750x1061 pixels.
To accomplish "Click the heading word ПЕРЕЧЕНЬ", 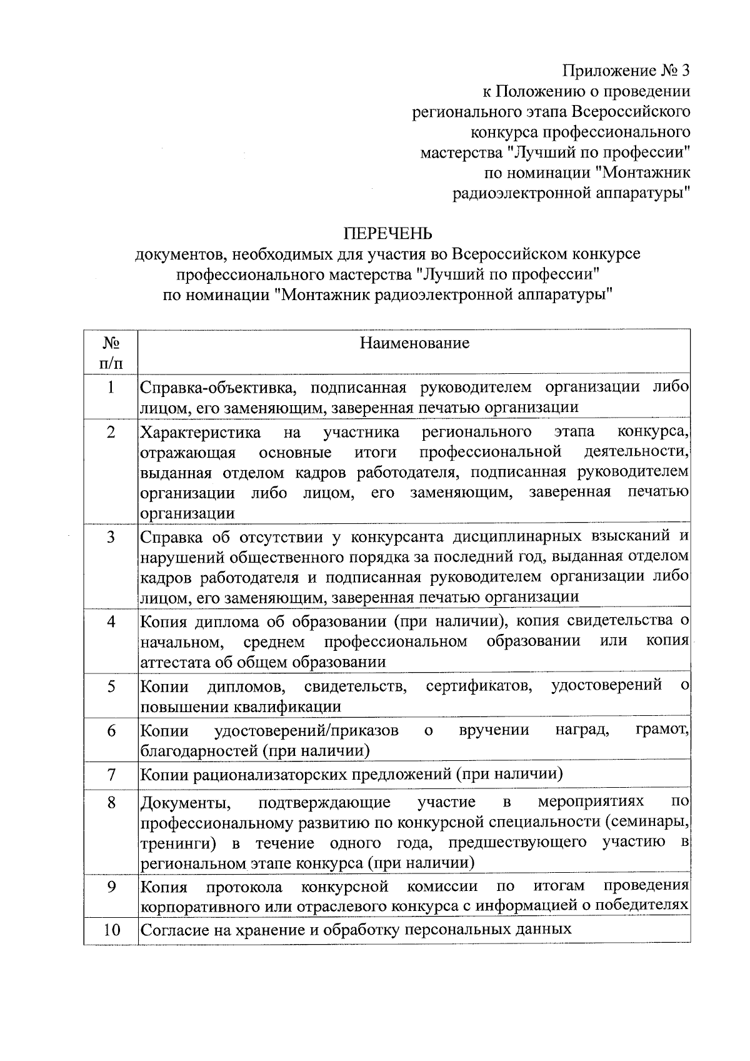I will [x=387, y=233].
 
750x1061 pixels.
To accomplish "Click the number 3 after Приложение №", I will [x=684, y=71].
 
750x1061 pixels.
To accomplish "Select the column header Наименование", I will [x=414, y=343].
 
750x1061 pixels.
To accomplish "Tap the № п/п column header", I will [x=111, y=352].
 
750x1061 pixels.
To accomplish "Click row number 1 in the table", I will [x=111, y=388].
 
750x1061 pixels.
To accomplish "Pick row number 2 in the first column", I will [x=111, y=432].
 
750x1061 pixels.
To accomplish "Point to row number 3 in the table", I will [x=111, y=537].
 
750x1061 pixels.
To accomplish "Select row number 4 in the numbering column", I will [x=111, y=621].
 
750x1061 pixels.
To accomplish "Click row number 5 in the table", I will [x=111, y=686].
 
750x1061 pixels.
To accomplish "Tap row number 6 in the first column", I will [x=111, y=730].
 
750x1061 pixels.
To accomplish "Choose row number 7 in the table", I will [x=111, y=775].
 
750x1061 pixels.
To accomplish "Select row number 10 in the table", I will [x=111, y=930].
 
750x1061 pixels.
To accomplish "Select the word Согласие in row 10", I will [x=172, y=930].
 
